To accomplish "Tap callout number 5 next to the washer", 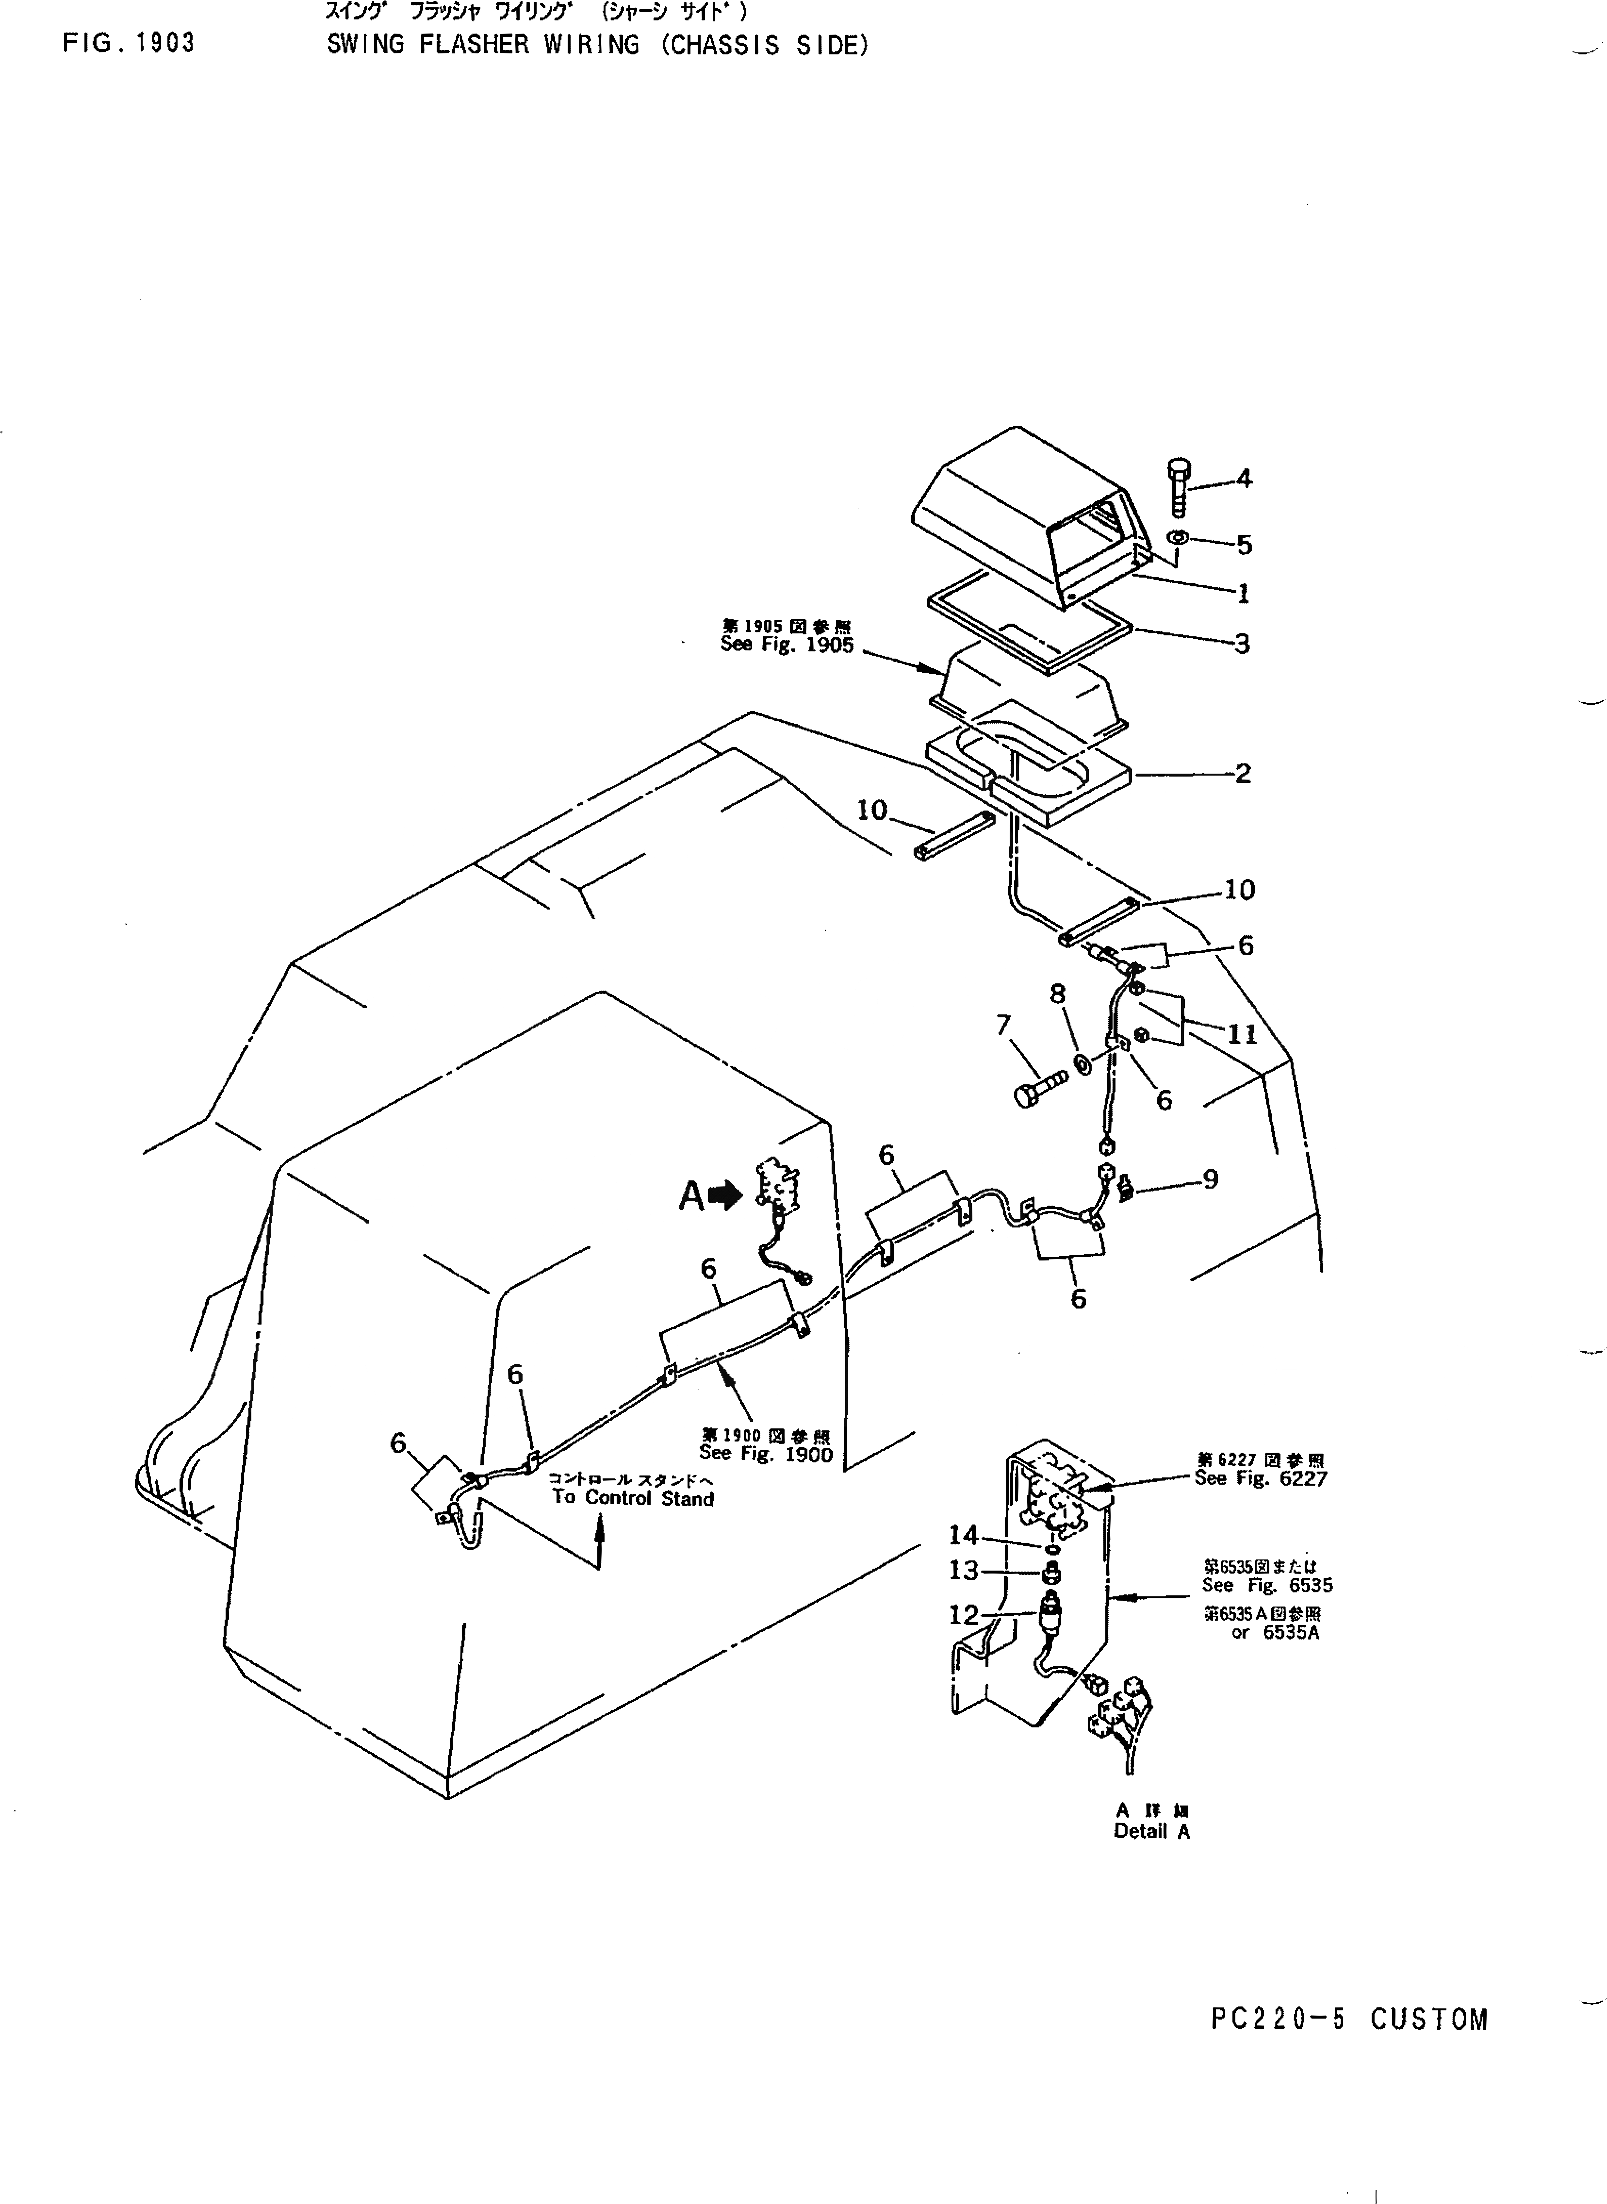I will pyautogui.click(x=1244, y=545).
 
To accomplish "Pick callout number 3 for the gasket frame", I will pyautogui.click(x=1242, y=643).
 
